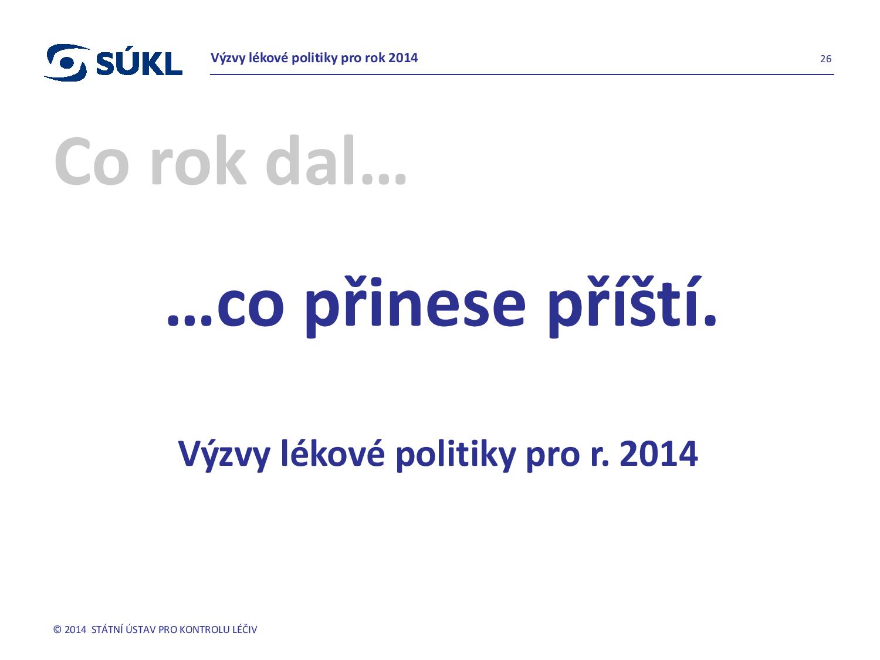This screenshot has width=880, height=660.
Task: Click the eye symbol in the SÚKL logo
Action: (65, 63)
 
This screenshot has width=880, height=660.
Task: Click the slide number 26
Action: (825, 59)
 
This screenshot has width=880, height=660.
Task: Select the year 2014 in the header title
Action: (403, 58)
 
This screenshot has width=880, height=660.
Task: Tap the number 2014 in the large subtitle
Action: (659, 454)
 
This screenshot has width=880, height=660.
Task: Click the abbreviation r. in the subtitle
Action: (600, 458)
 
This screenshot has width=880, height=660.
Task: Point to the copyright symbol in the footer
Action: (57, 629)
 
